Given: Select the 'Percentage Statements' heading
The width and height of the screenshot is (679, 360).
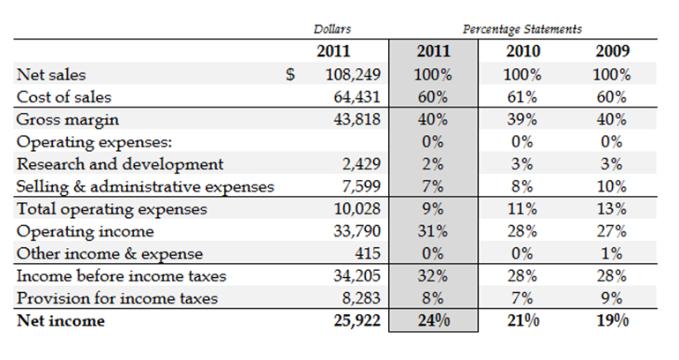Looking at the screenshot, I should [522, 30].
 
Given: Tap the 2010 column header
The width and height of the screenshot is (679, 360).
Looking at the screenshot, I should [523, 51].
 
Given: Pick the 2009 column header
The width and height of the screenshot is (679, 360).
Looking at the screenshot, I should [611, 51].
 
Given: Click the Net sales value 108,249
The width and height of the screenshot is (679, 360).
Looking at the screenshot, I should [350, 75].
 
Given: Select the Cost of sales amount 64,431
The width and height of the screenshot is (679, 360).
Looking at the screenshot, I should [355, 97].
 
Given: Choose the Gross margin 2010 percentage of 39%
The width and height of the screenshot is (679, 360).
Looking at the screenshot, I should [523, 119].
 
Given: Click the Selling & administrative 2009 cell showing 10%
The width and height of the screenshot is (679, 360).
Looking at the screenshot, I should [611, 186].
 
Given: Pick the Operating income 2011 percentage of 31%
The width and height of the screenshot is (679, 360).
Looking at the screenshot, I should [432, 231].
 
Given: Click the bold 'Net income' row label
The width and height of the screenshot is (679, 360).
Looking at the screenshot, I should [60, 320].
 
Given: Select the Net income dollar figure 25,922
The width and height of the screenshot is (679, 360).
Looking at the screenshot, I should [355, 320].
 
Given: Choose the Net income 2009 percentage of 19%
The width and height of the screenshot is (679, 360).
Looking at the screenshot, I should [611, 320].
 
